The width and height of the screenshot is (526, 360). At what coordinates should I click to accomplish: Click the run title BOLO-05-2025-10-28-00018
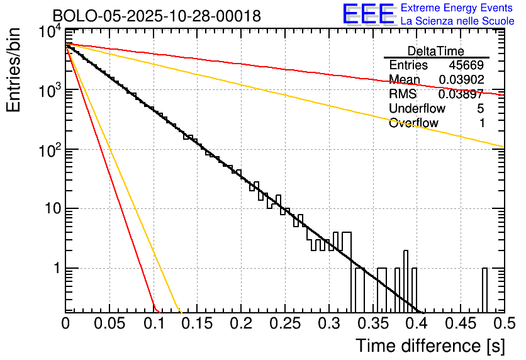coord(157,16)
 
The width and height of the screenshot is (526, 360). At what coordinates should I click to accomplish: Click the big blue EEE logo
coord(368,14)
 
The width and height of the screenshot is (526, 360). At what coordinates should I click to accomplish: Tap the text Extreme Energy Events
coord(457,8)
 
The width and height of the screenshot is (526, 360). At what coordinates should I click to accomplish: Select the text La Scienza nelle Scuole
coord(457,21)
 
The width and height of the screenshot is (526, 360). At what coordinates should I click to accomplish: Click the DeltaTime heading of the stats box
coord(436,51)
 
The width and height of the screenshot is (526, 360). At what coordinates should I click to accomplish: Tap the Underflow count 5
coord(481,109)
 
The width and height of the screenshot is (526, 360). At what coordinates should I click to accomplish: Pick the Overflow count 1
coord(482,123)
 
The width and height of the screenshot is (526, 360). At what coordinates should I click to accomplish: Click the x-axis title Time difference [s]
coord(430,346)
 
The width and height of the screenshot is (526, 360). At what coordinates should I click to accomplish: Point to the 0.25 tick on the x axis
coord(285,323)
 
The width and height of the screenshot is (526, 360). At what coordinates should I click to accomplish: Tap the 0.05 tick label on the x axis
coord(109,323)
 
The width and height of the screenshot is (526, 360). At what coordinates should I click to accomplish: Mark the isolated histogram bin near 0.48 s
coord(484,290)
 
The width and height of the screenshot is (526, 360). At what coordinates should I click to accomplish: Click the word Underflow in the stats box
coord(413,109)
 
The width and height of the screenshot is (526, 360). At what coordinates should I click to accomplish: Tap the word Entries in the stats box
coord(408,65)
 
